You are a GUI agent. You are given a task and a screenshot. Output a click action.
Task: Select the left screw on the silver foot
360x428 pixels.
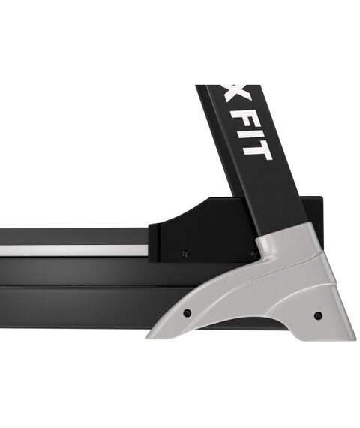click(187, 312)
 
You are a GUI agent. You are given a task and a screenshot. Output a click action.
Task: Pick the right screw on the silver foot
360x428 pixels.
click(318, 315)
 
